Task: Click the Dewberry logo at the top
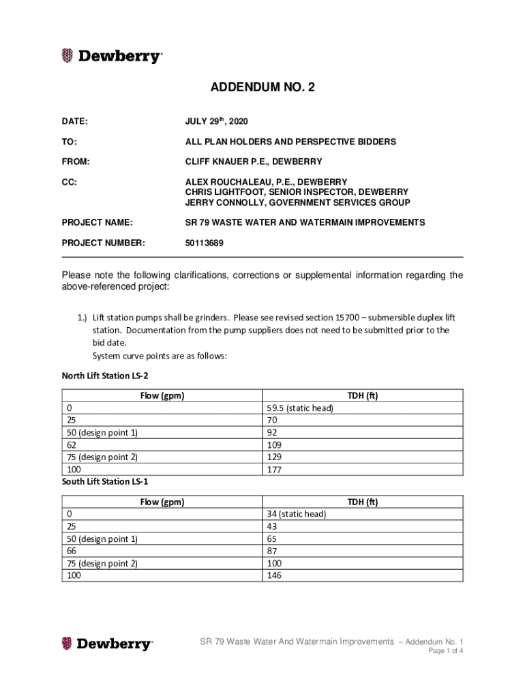pos(112,57)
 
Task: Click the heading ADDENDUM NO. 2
pos(262,87)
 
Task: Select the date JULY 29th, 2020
pos(217,121)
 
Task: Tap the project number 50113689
pos(205,243)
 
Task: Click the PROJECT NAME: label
pos(97,222)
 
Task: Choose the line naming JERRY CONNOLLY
pos(298,202)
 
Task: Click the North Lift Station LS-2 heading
pos(106,376)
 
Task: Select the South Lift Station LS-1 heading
pos(105,481)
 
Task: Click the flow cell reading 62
pos(72,445)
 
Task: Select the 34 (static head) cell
pos(297,514)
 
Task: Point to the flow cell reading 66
pos(72,551)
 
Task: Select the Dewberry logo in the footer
pos(108,643)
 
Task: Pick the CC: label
pos(70,182)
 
